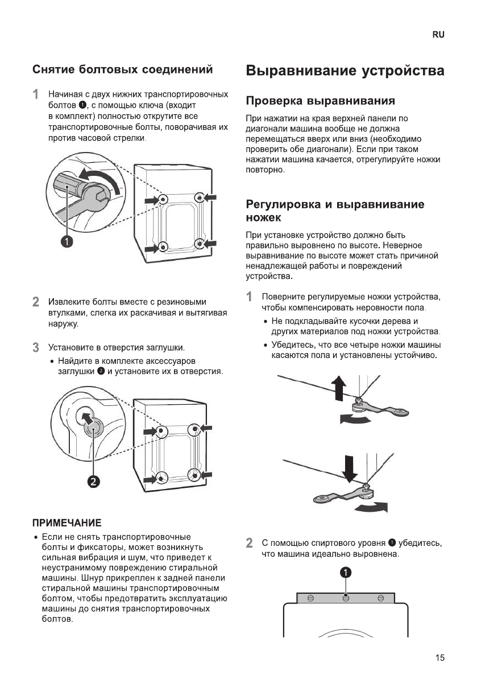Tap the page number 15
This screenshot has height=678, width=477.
coord(440,658)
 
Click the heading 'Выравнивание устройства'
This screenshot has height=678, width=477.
coord(345,71)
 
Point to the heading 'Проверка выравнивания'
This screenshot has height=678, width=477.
coord(320,101)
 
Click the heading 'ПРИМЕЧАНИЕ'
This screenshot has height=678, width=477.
coord(67,522)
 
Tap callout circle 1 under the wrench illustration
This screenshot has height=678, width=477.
coord(68,241)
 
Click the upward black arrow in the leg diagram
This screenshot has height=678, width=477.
coord(339,388)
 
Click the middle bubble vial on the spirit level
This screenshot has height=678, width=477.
coord(345,598)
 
